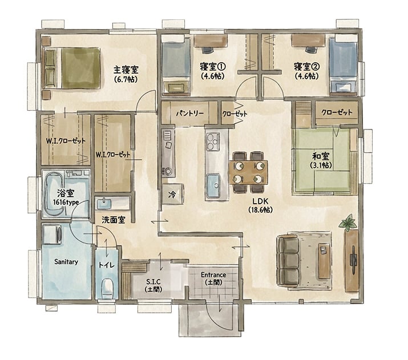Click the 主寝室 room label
click(x=126, y=70)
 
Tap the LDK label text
click(x=260, y=201)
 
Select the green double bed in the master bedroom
click(x=71, y=68)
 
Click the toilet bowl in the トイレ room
click(x=107, y=288)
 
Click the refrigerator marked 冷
click(x=172, y=194)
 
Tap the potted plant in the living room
click(x=348, y=223)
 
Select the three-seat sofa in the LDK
click(x=288, y=261)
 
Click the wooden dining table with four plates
click(x=248, y=172)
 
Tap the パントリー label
click(x=189, y=114)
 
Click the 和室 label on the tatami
click(x=321, y=156)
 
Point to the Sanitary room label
click(x=66, y=262)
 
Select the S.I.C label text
click(x=153, y=281)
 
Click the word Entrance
click(x=213, y=274)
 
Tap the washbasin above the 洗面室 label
click(x=104, y=204)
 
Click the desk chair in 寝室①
click(x=208, y=50)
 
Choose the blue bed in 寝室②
click(x=343, y=65)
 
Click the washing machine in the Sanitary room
click(x=52, y=234)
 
